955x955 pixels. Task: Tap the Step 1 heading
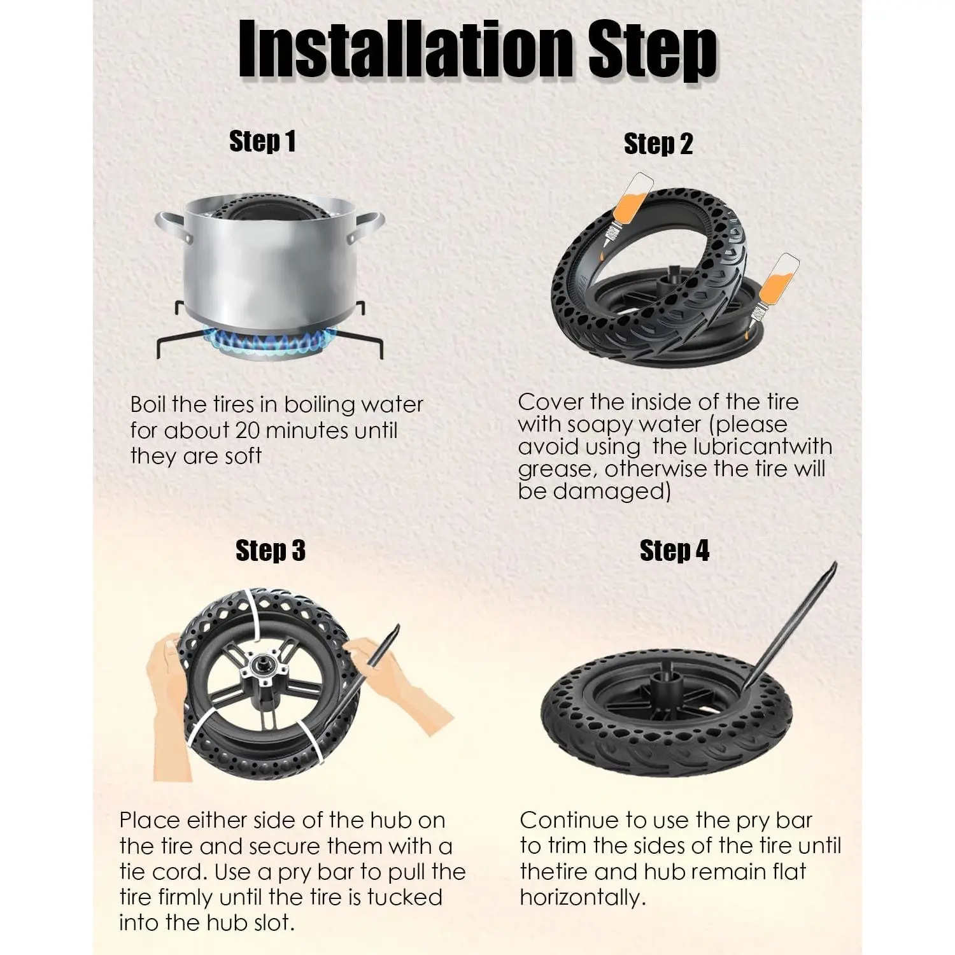point(262,141)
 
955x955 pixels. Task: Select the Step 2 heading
point(658,144)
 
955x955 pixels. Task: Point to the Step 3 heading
point(270,551)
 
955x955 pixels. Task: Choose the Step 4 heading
point(674,551)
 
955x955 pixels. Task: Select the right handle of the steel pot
point(367,227)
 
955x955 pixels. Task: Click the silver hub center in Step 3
point(265,668)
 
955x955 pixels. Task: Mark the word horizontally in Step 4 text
point(583,898)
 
